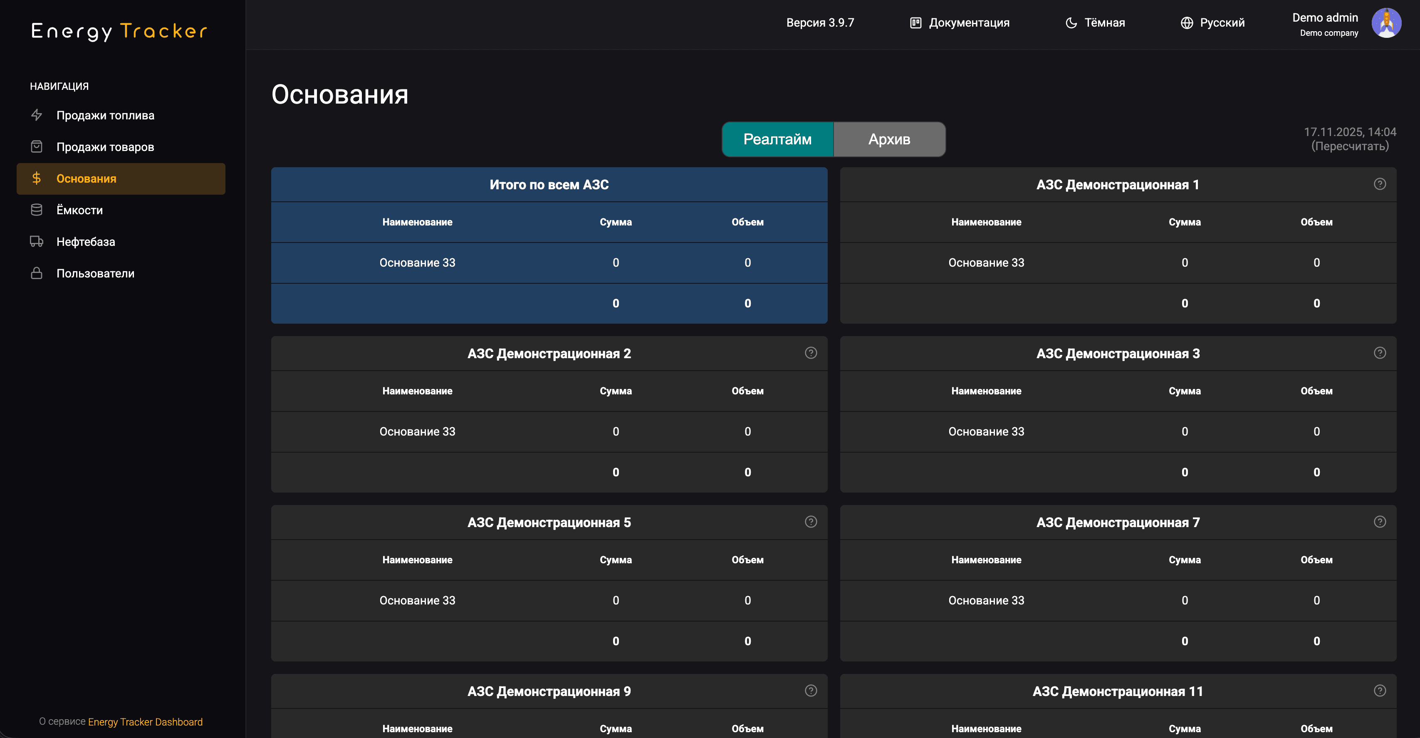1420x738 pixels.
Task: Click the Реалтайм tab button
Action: point(777,139)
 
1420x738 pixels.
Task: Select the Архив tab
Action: point(889,139)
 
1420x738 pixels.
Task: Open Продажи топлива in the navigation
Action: point(105,115)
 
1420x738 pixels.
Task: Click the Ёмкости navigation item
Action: point(79,210)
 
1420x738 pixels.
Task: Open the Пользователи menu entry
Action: point(95,273)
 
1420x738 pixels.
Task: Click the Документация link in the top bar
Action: point(960,22)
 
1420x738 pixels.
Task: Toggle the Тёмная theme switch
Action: point(1095,22)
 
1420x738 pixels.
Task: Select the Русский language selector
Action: point(1213,22)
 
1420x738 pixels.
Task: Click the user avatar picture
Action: point(1386,23)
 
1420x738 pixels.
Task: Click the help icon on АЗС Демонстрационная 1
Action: point(1379,184)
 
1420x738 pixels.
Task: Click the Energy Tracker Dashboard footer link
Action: point(145,722)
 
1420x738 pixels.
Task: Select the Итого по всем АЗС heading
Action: point(549,185)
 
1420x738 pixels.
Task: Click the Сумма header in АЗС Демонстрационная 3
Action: point(1184,391)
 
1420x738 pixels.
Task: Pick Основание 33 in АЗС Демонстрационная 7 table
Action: point(986,600)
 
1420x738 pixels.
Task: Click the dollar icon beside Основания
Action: point(36,178)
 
